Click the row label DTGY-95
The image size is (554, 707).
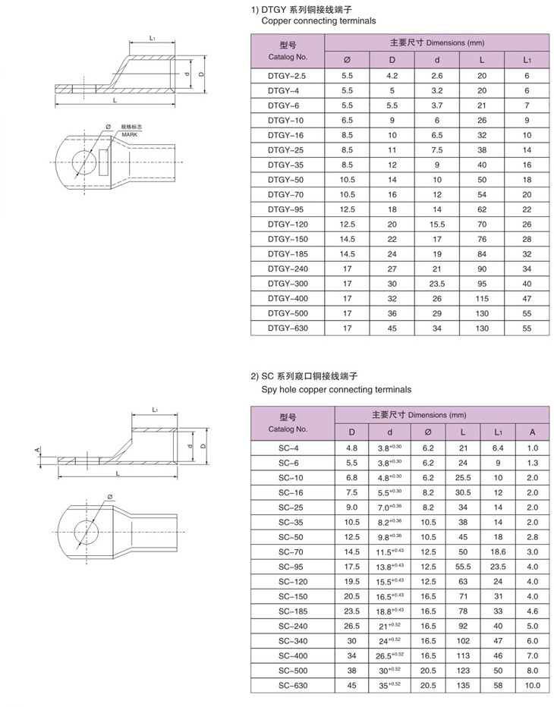coord(288,209)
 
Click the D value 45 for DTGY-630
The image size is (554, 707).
coord(392,328)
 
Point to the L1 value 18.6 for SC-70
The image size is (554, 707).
coord(498,552)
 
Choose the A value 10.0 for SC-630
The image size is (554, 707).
coord(533,686)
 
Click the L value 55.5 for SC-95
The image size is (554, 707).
coord(463,567)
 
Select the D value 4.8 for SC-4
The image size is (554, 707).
coord(351,448)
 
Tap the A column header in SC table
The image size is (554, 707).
coord(533,432)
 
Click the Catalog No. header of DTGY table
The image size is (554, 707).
coord(288,52)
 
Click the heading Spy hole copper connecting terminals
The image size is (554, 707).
coord(331,389)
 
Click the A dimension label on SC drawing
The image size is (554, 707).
coord(37,450)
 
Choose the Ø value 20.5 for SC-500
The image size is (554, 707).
coord(429,671)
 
